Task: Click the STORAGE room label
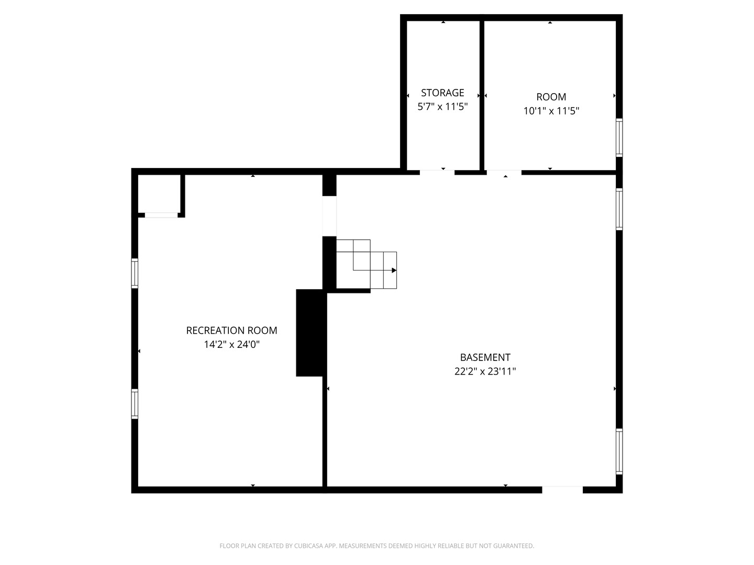click(x=442, y=93)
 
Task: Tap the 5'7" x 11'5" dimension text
click(x=442, y=107)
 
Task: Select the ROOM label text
click(x=551, y=97)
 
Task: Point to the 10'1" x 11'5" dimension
click(x=551, y=111)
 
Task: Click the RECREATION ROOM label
click(x=231, y=330)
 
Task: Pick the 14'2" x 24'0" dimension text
click(x=231, y=344)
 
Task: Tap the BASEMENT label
click(x=485, y=357)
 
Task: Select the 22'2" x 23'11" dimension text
click(x=485, y=371)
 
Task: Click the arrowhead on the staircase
click(x=394, y=270)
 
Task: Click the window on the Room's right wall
click(x=619, y=138)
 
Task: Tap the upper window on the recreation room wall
click(x=135, y=274)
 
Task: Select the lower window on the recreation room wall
click(x=135, y=404)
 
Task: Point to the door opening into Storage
click(x=437, y=172)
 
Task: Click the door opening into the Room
click(x=504, y=172)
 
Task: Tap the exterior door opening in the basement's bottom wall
click(x=562, y=490)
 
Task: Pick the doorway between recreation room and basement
click(x=329, y=216)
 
